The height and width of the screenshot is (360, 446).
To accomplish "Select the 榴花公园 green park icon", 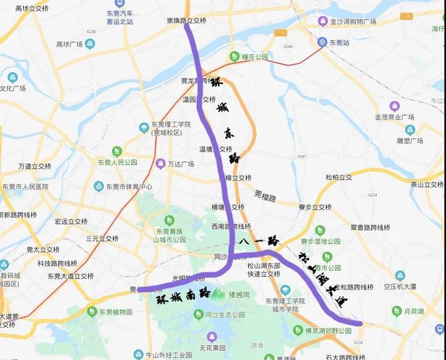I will pyautogui.click(x=233, y=55).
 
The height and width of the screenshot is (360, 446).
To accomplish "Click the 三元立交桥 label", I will pyautogui.click(x=102, y=239).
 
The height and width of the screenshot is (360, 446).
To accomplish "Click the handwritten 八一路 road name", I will pyautogui.click(x=258, y=241).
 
